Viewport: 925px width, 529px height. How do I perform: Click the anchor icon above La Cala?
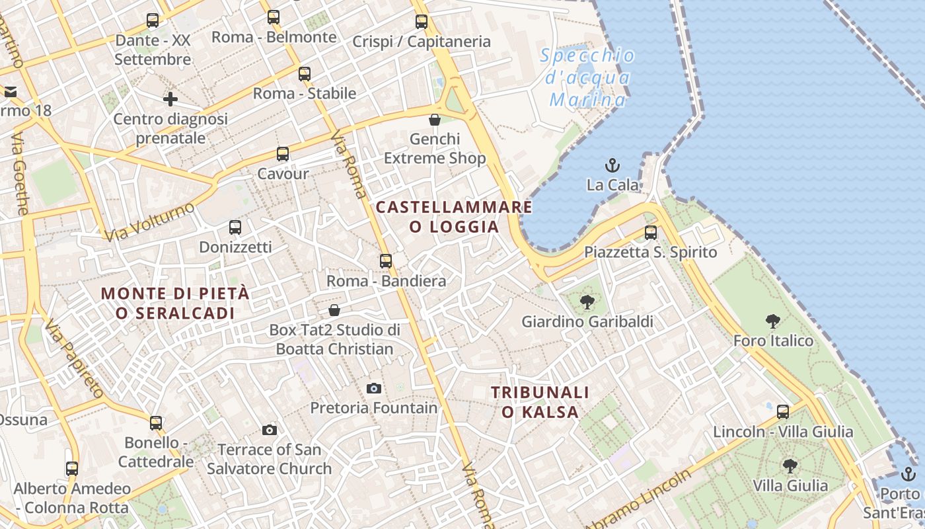(x=612, y=165)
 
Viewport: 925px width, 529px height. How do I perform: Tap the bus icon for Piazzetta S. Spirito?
(x=651, y=232)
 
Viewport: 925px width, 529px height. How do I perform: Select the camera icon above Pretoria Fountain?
(x=374, y=388)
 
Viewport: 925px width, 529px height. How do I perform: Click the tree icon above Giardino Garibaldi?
(x=587, y=302)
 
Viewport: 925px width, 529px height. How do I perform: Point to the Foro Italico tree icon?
(x=773, y=321)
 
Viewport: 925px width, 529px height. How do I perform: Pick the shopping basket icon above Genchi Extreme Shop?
(x=435, y=120)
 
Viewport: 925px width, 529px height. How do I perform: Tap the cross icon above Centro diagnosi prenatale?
(x=170, y=99)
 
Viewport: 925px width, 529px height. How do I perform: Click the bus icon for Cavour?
(x=283, y=154)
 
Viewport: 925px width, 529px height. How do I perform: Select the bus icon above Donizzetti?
(x=235, y=227)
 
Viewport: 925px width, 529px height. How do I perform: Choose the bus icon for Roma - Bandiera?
(x=386, y=261)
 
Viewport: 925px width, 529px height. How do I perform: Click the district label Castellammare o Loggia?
(x=454, y=217)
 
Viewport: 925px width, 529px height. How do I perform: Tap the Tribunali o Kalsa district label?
(x=540, y=402)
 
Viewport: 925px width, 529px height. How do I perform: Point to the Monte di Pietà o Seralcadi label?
(x=176, y=303)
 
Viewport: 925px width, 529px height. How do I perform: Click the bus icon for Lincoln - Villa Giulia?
(x=783, y=412)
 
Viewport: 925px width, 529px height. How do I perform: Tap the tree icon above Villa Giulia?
(x=790, y=466)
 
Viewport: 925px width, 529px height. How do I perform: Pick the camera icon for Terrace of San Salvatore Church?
(x=269, y=430)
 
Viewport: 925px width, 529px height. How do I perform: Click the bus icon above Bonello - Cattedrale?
(x=156, y=423)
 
